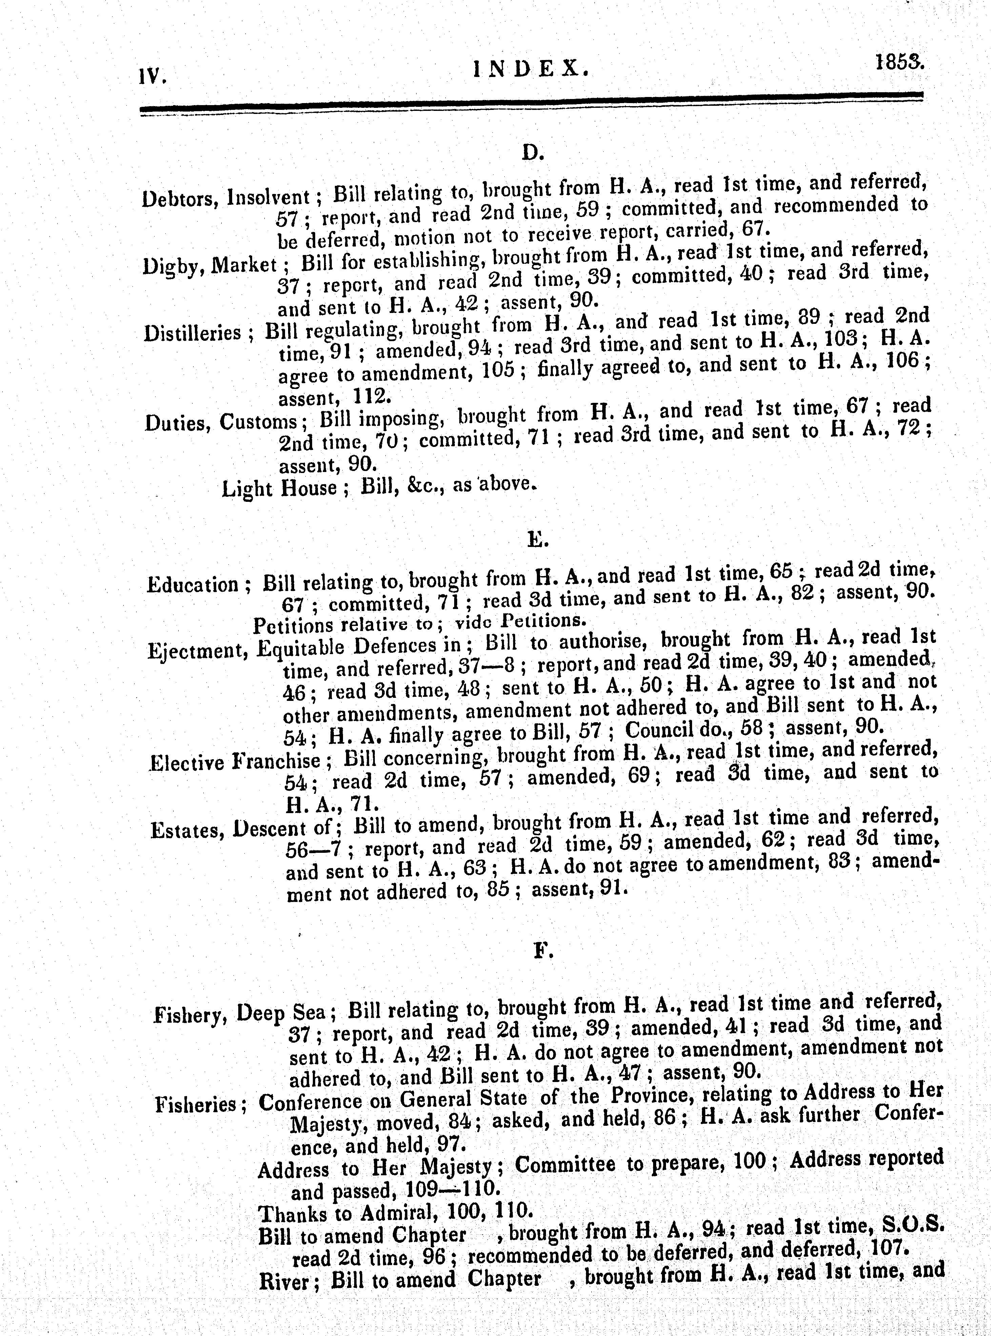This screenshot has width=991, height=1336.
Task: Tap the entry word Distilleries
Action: tap(192, 333)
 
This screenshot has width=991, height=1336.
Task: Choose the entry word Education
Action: tap(193, 584)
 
